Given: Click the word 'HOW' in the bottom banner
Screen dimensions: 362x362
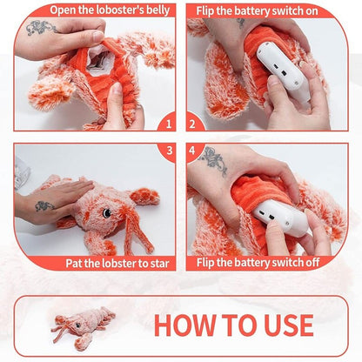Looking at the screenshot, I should tap(184, 325).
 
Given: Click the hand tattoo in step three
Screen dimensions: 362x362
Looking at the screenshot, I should tap(44, 206).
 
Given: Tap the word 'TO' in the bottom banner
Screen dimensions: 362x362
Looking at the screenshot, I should tap(234, 325).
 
